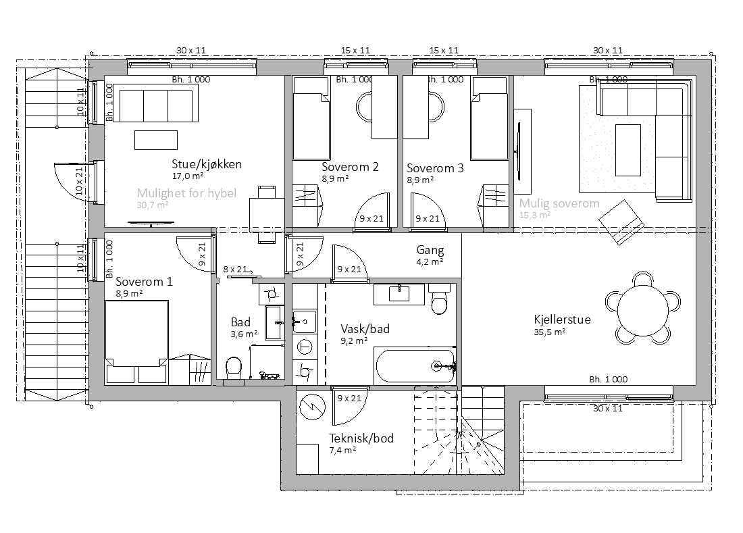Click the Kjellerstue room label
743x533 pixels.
(562, 320)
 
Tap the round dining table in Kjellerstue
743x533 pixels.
(642, 310)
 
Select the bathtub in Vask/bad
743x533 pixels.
(415, 365)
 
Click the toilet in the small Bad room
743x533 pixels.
(234, 367)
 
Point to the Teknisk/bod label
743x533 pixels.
(361, 438)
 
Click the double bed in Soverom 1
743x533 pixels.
(136, 342)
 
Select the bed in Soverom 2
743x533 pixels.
(311, 119)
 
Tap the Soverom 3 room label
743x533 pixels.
(435, 168)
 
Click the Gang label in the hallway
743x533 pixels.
(430, 250)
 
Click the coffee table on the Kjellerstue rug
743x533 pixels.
(628, 150)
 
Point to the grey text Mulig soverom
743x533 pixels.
(559, 204)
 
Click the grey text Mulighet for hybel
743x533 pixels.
(186, 193)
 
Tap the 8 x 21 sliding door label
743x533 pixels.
(235, 269)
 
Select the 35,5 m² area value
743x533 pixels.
(549, 332)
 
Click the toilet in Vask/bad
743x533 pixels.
(439, 300)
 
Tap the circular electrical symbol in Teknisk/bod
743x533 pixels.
(313, 407)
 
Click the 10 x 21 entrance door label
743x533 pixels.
(80, 181)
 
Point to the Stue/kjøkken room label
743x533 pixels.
(207, 164)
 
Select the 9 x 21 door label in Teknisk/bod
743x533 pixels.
(349, 399)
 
